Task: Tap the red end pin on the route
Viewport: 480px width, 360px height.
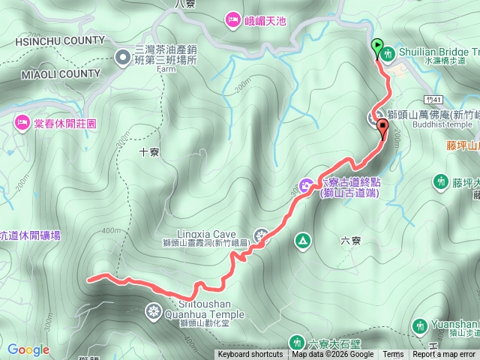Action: pyautogui.click(x=382, y=127)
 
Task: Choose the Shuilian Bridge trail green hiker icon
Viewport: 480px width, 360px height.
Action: pyautogui.click(x=388, y=53)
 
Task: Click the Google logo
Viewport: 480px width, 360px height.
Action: pyautogui.click(x=28, y=349)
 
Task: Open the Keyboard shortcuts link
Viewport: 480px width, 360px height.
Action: pyautogui.click(x=250, y=355)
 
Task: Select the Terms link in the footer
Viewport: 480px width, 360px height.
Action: pyautogui.click(x=393, y=355)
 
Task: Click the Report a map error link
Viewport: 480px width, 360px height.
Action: pyautogui.click(x=445, y=355)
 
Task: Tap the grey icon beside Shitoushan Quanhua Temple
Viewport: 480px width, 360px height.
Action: pyautogui.click(x=154, y=310)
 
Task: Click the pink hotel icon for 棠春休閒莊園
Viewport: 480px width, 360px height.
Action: pyautogui.click(x=19, y=122)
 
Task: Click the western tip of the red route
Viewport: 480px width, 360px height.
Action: pyautogui.click(x=89, y=280)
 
